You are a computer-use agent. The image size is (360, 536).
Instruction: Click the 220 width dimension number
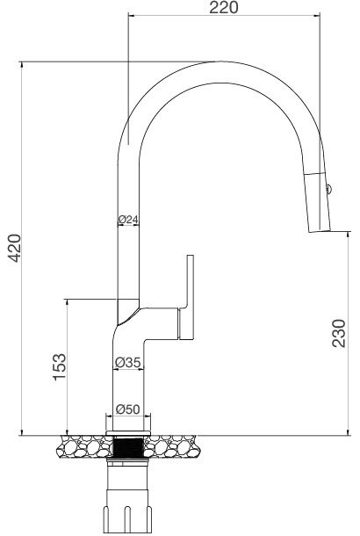pos(224,9)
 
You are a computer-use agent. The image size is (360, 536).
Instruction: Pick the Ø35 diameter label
pos(128,361)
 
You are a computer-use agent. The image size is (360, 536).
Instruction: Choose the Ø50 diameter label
pos(128,409)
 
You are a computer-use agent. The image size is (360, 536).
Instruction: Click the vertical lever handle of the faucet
pos(188,294)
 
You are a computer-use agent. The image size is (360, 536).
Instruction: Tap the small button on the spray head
pos(328,189)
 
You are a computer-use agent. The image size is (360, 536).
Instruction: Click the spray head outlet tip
pos(320,231)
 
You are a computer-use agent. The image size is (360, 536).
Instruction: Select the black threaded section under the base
pos(129,446)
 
